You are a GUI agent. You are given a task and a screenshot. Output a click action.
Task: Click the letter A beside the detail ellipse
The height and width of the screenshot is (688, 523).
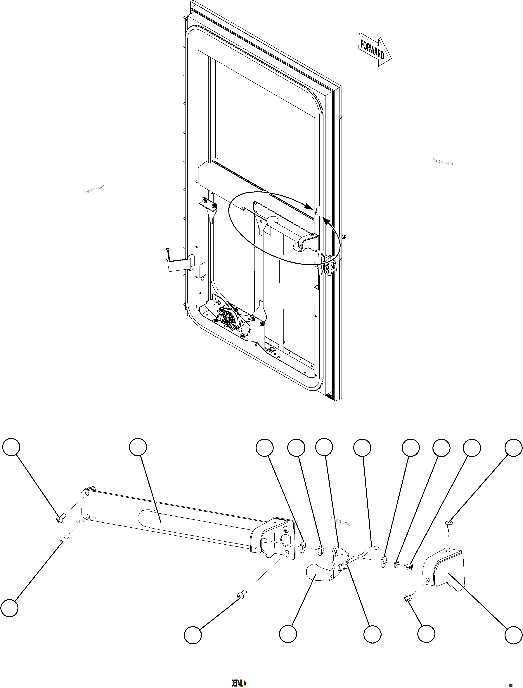click(316, 212)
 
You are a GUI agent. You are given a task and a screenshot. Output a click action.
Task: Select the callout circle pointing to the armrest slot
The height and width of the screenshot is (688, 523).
click(138, 448)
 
